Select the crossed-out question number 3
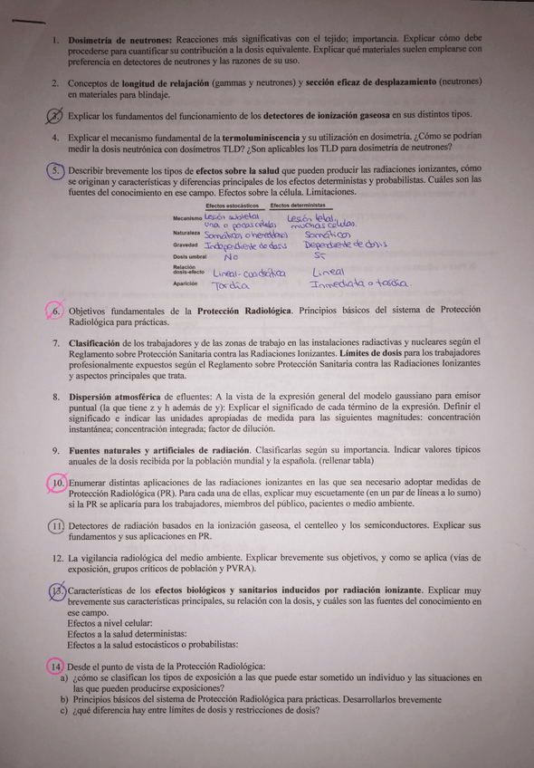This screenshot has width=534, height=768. (56, 116)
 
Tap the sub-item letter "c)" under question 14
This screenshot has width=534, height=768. (64, 710)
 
